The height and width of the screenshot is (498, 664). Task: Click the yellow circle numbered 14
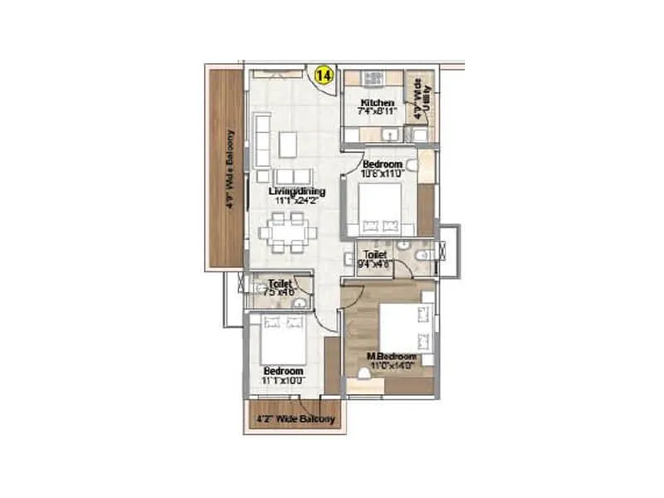click(322, 76)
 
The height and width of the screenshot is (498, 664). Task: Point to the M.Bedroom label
click(391, 357)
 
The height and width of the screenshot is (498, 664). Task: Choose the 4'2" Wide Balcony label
click(295, 419)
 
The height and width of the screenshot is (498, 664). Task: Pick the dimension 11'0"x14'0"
click(391, 365)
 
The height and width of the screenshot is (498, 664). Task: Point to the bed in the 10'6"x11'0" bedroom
click(379, 207)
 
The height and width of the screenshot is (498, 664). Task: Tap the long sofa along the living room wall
click(262, 141)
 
